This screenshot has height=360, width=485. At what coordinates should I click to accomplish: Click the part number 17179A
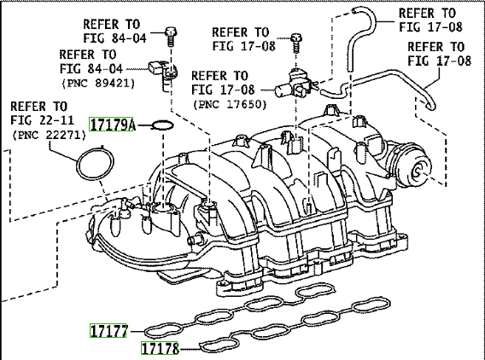click(111, 125)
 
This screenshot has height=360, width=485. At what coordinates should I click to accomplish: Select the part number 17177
click(108, 331)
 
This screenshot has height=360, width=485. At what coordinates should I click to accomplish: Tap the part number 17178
click(160, 348)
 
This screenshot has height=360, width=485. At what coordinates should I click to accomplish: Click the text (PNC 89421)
click(98, 83)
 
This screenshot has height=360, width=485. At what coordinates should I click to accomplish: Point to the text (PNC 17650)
click(230, 104)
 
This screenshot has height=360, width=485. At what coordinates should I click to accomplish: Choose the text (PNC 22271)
click(49, 135)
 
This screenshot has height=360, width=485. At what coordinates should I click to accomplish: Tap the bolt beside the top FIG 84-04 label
click(171, 36)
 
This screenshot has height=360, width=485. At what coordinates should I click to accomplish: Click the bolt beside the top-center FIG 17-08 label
click(296, 43)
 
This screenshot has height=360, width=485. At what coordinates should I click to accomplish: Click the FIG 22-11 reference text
click(43, 120)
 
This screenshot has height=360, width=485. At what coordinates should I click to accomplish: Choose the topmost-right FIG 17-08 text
click(430, 27)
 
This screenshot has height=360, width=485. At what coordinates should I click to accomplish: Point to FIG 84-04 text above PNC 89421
click(91, 68)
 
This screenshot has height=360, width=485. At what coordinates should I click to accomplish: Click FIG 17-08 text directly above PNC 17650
click(223, 90)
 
